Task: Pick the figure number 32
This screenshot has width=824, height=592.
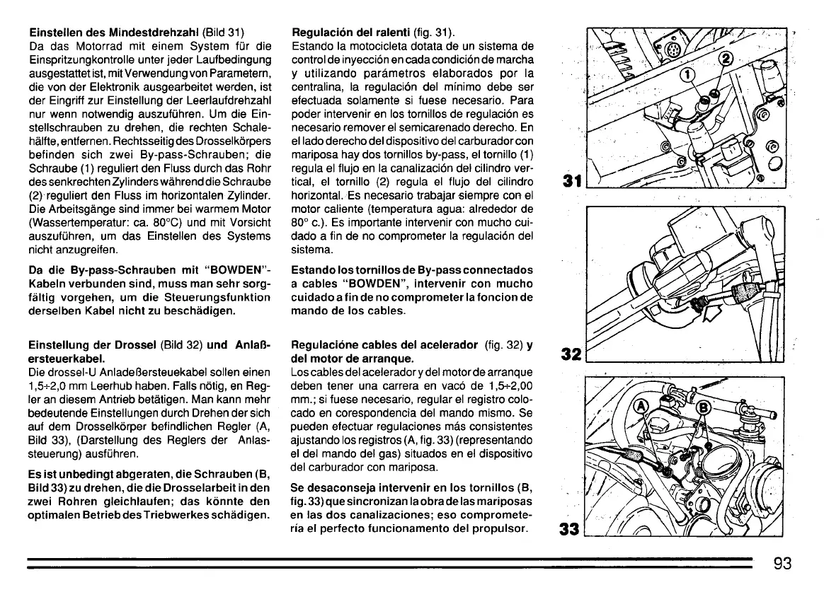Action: (572, 352)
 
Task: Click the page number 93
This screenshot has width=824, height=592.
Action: (782, 564)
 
